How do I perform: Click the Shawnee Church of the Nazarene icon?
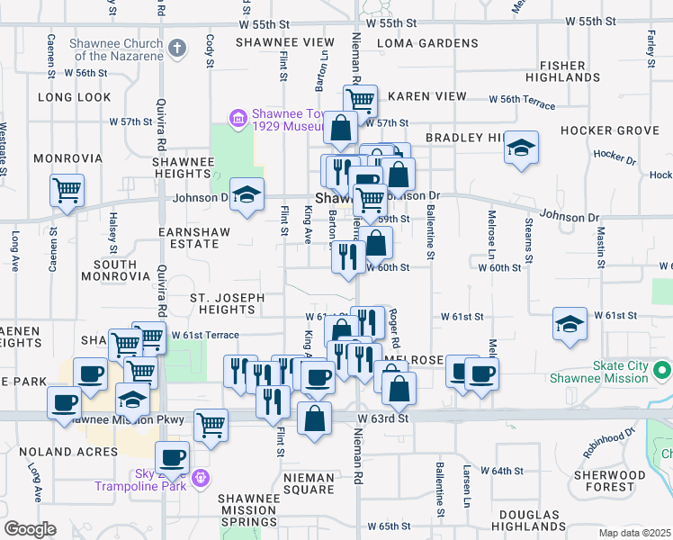tap(177, 48)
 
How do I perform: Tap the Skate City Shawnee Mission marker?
tap(663, 371)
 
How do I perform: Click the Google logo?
tap(30, 528)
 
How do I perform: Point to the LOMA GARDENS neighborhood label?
tap(427, 43)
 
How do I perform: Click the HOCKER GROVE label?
tap(609, 130)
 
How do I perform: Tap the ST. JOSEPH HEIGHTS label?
tap(227, 303)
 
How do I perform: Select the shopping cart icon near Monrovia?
tap(67, 191)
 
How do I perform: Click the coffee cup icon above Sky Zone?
tap(173, 455)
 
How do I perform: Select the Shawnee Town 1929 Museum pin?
tap(238, 118)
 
